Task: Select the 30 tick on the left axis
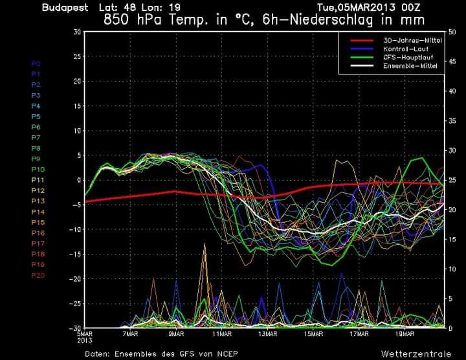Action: coord(77,32)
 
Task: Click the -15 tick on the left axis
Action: coord(75,254)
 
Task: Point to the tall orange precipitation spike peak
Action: coord(205,244)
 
